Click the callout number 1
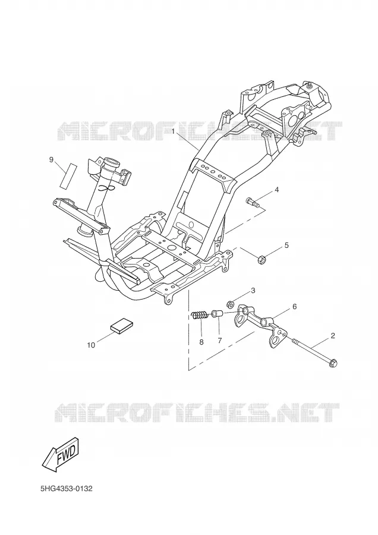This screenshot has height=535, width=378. (174, 131)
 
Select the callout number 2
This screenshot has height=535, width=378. (333, 335)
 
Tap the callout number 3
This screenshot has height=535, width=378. (253, 290)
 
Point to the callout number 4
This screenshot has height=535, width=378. (277, 190)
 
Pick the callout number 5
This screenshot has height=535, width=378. (286, 245)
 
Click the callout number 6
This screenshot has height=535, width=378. (294, 307)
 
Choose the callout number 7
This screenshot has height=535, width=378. (220, 340)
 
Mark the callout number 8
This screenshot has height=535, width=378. (201, 342)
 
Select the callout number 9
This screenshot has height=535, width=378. (51, 159)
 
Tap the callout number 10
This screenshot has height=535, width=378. (91, 345)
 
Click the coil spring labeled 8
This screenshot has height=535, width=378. (199, 315)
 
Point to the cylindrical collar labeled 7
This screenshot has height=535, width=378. (218, 313)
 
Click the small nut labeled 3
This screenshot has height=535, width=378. (230, 303)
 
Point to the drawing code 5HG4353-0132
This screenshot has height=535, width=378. (66, 489)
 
